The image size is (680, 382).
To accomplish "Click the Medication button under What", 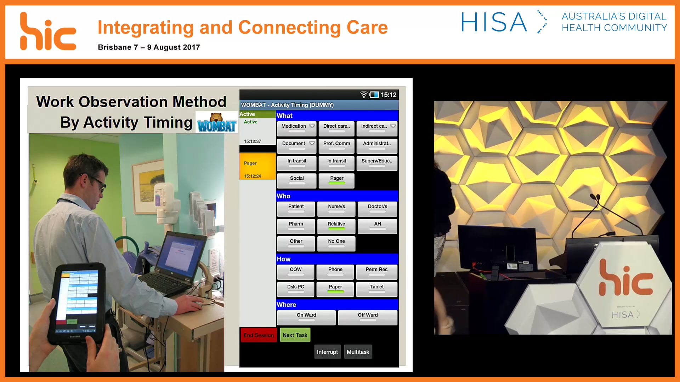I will [x=296, y=128].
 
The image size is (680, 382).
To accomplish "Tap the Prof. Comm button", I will [x=336, y=145].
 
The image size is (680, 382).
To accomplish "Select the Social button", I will [x=296, y=180].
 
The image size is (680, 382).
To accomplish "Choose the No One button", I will [x=336, y=243].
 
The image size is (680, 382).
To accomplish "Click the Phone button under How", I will [x=335, y=271].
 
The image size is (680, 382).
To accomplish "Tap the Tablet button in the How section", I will [x=376, y=289].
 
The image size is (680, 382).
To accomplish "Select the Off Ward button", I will [x=367, y=317].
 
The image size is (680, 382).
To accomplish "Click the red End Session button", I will [x=259, y=335].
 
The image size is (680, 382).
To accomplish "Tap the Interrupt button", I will [x=327, y=352].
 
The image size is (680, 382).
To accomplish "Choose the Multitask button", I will [x=358, y=352].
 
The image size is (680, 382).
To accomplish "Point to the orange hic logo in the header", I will [x=48, y=32].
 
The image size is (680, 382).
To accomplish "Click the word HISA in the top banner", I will [x=494, y=22].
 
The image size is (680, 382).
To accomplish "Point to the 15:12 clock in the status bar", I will [x=389, y=95].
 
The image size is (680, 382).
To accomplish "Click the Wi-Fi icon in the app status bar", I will [x=363, y=94].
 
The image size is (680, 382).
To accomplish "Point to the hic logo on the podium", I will [x=625, y=279].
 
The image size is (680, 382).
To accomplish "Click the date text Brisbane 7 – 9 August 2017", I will [x=149, y=47].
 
